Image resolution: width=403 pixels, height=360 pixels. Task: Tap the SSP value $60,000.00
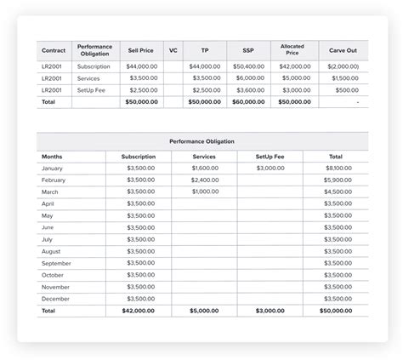click(248, 101)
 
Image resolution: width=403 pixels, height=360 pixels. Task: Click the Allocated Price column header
click(292, 50)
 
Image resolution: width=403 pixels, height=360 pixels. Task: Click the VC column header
click(173, 50)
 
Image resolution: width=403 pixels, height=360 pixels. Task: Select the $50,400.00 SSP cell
click(248, 66)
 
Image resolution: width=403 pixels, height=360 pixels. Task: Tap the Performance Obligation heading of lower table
click(201, 141)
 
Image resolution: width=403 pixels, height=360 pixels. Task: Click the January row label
click(52, 169)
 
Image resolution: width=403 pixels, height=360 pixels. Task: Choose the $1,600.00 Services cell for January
click(206, 169)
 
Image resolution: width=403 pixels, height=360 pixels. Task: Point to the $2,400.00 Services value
click(206, 180)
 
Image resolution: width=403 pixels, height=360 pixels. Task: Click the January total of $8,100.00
click(338, 169)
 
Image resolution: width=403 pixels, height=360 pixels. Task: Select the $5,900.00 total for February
click(338, 180)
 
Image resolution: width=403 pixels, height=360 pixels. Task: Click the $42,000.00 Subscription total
click(139, 311)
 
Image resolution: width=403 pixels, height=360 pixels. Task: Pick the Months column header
click(52, 157)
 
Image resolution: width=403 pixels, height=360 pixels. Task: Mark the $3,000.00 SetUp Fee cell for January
click(270, 169)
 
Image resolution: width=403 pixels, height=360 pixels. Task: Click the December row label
click(55, 299)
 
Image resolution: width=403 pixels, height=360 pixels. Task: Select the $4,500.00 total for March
click(338, 192)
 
